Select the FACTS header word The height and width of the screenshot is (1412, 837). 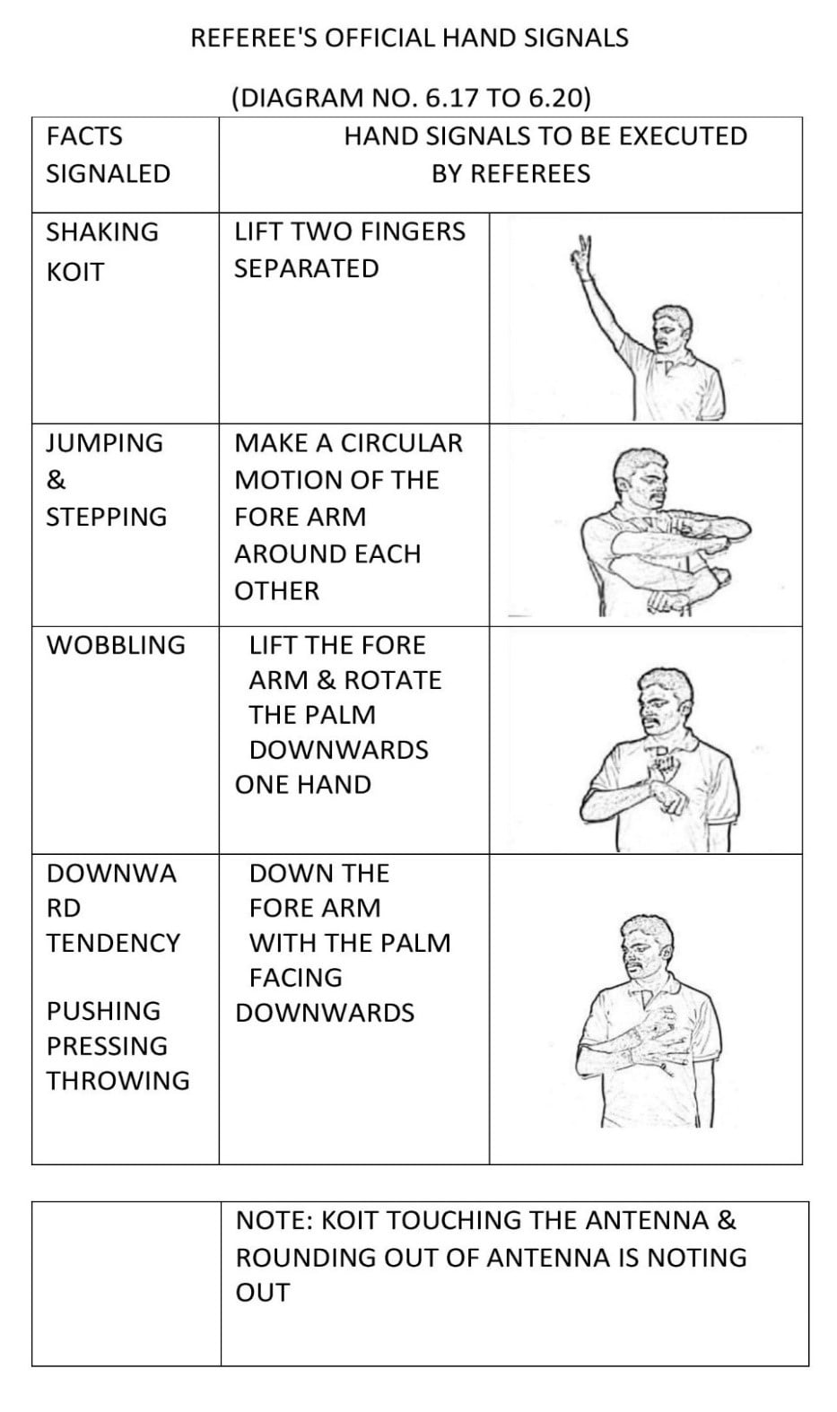click(x=84, y=136)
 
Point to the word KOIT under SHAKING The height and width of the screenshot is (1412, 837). click(x=75, y=272)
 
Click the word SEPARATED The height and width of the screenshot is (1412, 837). click(x=307, y=268)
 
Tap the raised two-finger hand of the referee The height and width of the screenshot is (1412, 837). click(x=584, y=253)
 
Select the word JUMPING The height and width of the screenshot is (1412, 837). click(x=105, y=443)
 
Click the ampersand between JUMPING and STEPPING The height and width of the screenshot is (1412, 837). click(x=56, y=480)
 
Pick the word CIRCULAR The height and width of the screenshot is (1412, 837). click(x=402, y=443)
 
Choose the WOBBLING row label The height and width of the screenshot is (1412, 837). click(x=116, y=645)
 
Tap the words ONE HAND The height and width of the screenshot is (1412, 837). click(x=303, y=784)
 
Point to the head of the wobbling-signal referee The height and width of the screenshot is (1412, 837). click(x=664, y=699)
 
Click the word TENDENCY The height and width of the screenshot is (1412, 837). click(x=114, y=943)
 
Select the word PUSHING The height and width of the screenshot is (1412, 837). click(x=104, y=1011)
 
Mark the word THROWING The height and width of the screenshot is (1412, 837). click(x=118, y=1080)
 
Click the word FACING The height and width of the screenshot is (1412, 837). click(x=296, y=977)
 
